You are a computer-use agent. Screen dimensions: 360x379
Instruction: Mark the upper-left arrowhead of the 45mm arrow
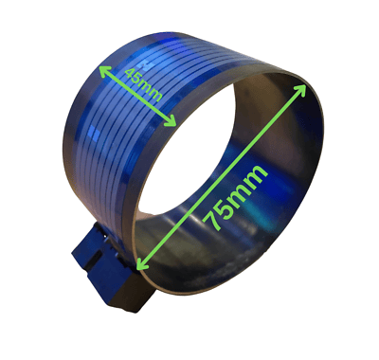pos(102,65)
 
